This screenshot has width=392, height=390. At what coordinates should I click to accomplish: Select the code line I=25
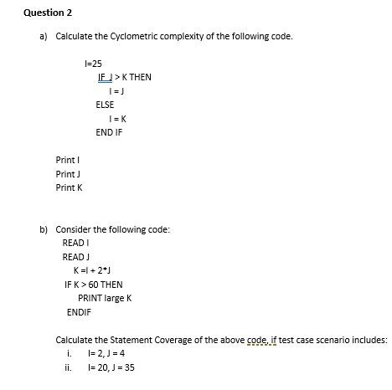[93, 64]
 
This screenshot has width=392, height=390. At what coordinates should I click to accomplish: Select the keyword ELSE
[105, 105]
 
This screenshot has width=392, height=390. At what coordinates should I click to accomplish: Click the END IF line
[109, 132]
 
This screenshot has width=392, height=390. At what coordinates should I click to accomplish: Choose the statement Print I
[68, 160]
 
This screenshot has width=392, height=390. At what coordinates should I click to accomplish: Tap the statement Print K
[69, 187]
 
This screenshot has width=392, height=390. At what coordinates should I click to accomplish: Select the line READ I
[75, 243]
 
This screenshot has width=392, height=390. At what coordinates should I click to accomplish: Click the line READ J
[75, 257]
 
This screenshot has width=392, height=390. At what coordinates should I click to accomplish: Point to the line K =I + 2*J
[93, 270]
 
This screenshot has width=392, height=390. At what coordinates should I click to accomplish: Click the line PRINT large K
[105, 298]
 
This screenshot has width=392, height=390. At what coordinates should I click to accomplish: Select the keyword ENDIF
[79, 312]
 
